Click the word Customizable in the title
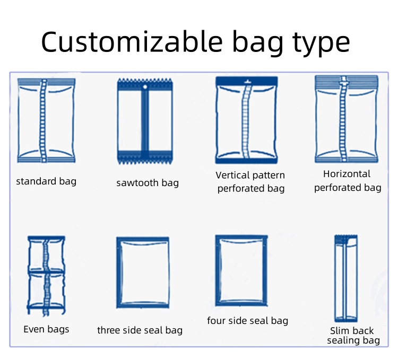(x=132, y=41)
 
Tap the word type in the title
(x=321, y=43)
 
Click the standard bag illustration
(x=46, y=120)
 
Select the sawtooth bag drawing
(x=145, y=121)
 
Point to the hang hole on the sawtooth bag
(x=145, y=87)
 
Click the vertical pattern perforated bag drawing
(x=246, y=120)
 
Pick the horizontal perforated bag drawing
(x=347, y=119)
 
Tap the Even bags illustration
(x=46, y=276)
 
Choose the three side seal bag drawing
(x=143, y=273)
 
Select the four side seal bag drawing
(x=241, y=270)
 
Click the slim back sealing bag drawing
(x=346, y=278)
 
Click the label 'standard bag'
(x=46, y=181)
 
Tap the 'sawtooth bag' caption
(x=148, y=183)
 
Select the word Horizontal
(x=347, y=174)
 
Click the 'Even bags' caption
(x=46, y=329)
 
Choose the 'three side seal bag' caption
(x=140, y=330)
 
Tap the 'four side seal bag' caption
(x=247, y=321)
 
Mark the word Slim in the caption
(x=339, y=331)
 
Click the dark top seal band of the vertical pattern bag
(x=246, y=81)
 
